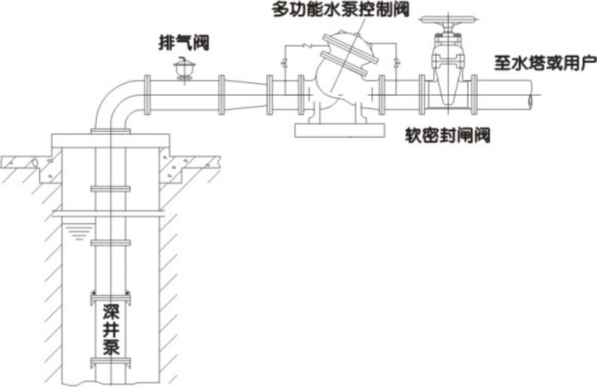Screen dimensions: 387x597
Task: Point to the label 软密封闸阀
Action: click(x=447, y=136)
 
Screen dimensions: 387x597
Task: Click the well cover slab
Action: click(x=110, y=140)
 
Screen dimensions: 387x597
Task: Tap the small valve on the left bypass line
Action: click(x=285, y=62)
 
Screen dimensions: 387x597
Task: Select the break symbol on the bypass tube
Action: click(x=305, y=46)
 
